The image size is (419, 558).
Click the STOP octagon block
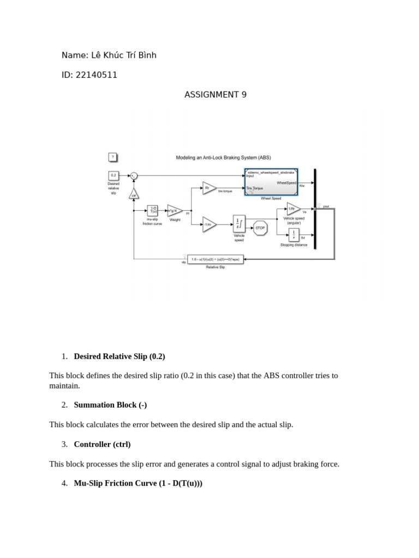pyautogui.click(x=260, y=228)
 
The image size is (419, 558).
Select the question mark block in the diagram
pyautogui.click(x=112, y=157)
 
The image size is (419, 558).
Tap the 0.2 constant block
pyautogui.click(x=113, y=175)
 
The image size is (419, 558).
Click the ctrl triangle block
pyautogui.click(x=133, y=195)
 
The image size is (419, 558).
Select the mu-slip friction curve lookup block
pyautogui.click(x=153, y=211)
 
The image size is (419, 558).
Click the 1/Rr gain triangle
pyautogui.click(x=293, y=209)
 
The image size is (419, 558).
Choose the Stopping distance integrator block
pyautogui.click(x=294, y=234)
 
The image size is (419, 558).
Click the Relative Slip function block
pyautogui.click(x=216, y=260)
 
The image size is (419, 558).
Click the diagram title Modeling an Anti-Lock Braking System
pyautogui.click(x=223, y=157)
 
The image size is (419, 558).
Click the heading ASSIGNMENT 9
pyautogui.click(x=216, y=95)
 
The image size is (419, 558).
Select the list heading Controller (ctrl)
pyautogui.click(x=102, y=444)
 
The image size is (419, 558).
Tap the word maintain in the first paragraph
pyautogui.click(x=64, y=385)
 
